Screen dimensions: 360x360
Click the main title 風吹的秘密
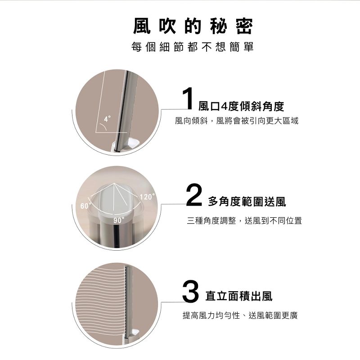coord(193,26)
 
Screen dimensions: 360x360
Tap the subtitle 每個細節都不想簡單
coord(193,47)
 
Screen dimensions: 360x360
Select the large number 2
coord(194,195)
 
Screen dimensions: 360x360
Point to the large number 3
coord(190,291)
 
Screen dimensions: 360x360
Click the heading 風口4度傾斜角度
coord(241,106)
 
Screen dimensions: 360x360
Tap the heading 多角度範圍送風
coord(247,202)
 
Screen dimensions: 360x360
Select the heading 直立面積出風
coord(239,296)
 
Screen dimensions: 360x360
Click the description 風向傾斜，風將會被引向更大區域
coord(237,121)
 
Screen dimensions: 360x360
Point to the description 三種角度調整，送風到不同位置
coord(244,220)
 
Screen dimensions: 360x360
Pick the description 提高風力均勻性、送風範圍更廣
coord(240,315)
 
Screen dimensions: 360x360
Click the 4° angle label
coord(107,119)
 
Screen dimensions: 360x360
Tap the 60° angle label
coord(85,206)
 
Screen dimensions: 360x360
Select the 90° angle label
coord(119,220)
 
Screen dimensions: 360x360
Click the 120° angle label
coord(147,197)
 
